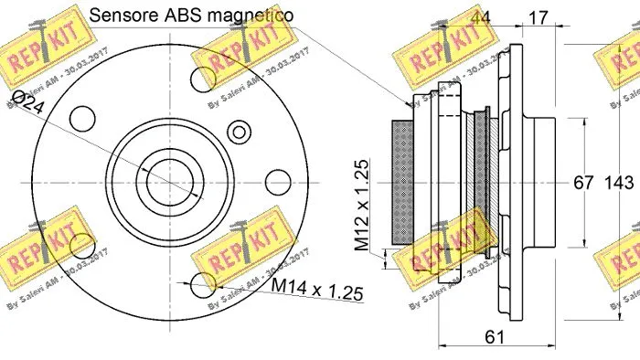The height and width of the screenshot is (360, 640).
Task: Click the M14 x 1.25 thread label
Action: tap(317, 291)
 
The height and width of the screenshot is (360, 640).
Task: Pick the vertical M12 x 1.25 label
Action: tap(364, 205)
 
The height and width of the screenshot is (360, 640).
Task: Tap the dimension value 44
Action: tap(478, 16)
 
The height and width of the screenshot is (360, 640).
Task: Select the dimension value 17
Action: tap(539, 16)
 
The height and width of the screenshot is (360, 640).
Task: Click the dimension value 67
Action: tap(584, 183)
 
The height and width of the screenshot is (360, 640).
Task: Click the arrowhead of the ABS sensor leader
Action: tap(409, 106)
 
